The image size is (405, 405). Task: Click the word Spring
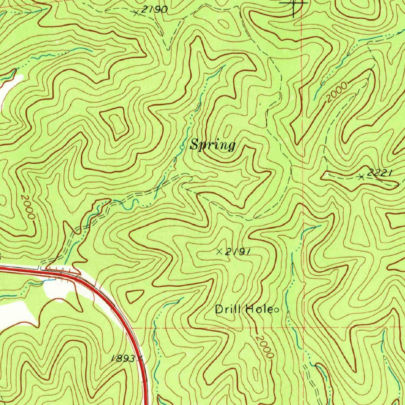pos(213,146)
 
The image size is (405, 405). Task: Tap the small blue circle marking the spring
pos(182,147)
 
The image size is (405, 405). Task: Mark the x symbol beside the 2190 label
pos(136,13)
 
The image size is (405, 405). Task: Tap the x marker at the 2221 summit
pos(361,177)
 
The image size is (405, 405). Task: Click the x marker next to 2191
pos(220,251)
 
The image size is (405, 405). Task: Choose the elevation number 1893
pos(123,358)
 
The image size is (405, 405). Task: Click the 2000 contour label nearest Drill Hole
pos(264,347)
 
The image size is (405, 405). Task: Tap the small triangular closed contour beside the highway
pos(134,295)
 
